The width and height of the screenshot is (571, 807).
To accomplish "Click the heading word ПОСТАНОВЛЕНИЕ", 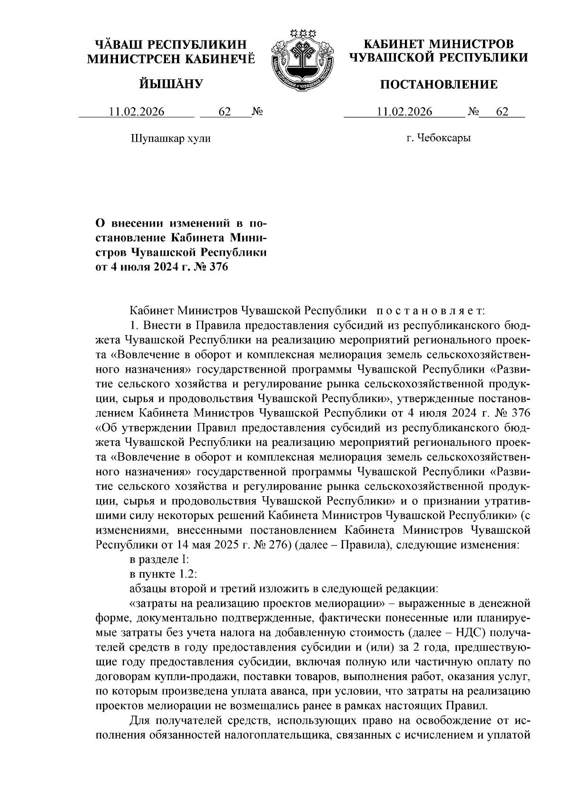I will click(x=438, y=85).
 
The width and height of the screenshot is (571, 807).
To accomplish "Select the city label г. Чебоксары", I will click(x=438, y=138).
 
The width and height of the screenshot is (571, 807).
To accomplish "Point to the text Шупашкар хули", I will click(x=170, y=139).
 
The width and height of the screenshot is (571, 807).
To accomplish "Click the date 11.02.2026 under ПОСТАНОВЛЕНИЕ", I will click(x=404, y=112).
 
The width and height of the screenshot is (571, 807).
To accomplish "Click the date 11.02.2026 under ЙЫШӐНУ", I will click(x=137, y=112).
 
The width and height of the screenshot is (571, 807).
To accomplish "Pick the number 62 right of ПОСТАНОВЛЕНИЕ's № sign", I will click(x=502, y=112).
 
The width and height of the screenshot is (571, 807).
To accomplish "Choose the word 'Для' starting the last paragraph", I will click(x=140, y=721).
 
